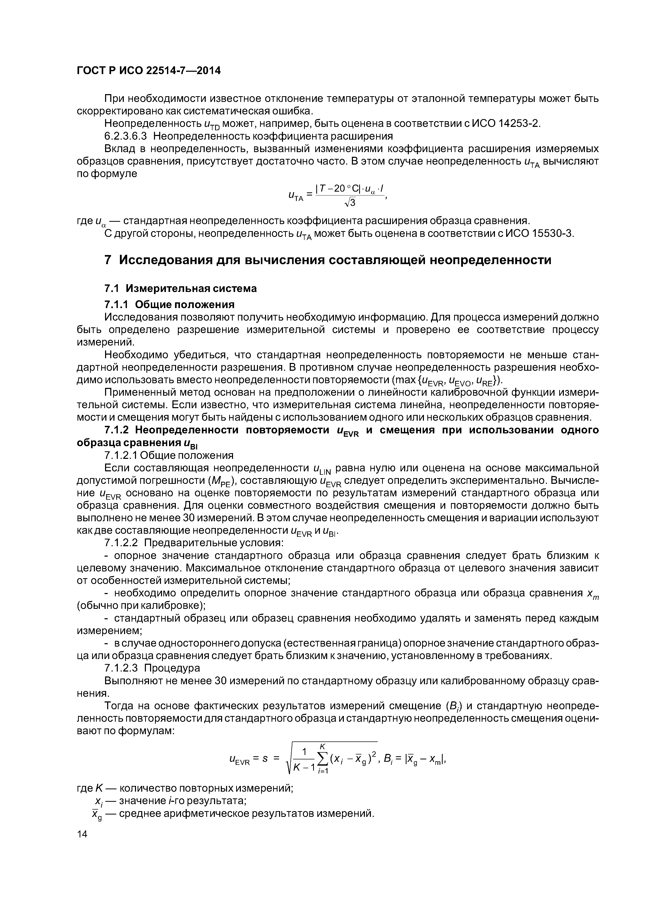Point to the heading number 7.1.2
coord(117,430)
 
